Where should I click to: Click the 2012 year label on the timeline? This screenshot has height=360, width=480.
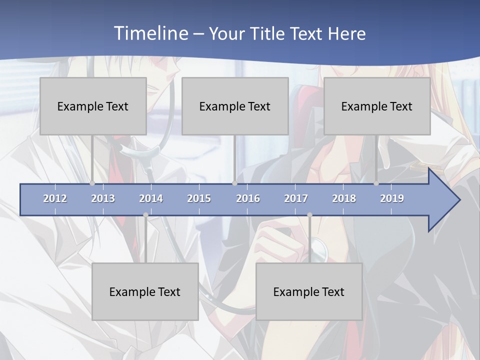click(55, 198)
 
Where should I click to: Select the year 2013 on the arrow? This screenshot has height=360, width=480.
click(103, 198)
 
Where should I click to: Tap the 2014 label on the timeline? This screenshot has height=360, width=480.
click(151, 198)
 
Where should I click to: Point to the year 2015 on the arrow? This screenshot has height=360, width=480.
click(199, 198)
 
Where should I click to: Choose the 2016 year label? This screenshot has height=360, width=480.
click(248, 198)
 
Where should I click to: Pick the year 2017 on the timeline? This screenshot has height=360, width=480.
click(296, 198)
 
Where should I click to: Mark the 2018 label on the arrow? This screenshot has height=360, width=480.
click(344, 198)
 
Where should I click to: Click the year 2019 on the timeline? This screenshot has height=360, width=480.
click(392, 198)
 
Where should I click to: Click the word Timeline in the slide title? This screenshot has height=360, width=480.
click(150, 33)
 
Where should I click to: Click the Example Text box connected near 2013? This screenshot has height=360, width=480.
click(93, 106)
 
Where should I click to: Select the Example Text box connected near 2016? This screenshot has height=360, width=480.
click(235, 106)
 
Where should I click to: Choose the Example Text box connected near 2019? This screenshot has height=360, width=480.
click(377, 106)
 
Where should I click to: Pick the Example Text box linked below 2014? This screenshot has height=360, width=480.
click(145, 291)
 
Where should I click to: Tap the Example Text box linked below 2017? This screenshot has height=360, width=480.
click(309, 291)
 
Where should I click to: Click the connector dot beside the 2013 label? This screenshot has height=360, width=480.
click(92, 183)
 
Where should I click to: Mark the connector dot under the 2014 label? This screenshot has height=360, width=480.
click(145, 215)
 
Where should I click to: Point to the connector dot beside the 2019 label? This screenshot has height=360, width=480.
click(376, 183)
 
